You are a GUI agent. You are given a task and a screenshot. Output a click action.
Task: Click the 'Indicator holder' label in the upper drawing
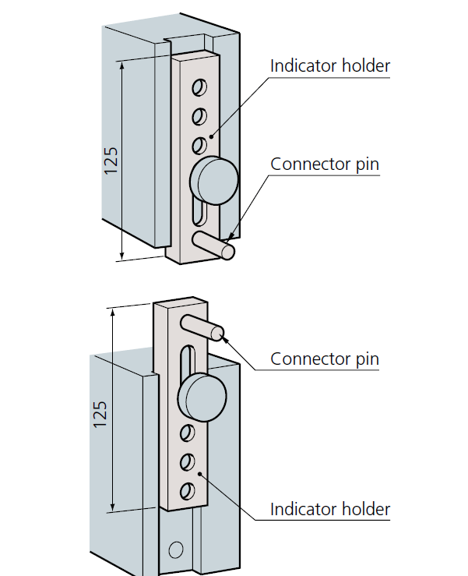(x=329, y=65)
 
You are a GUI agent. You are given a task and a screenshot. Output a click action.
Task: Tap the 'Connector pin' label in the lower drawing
(x=325, y=359)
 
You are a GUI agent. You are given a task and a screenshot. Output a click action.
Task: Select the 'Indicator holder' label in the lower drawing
(x=329, y=510)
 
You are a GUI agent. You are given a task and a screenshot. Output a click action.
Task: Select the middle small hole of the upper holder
(x=200, y=116)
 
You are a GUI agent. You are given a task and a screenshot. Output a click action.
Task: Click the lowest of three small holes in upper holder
(x=199, y=145)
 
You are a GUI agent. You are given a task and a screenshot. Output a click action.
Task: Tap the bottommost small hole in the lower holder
(x=187, y=491)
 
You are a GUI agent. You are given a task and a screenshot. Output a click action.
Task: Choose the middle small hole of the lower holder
(x=187, y=462)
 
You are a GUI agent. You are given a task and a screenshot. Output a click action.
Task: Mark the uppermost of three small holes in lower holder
(x=188, y=433)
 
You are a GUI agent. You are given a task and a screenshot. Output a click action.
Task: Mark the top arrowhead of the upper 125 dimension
(x=123, y=65)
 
